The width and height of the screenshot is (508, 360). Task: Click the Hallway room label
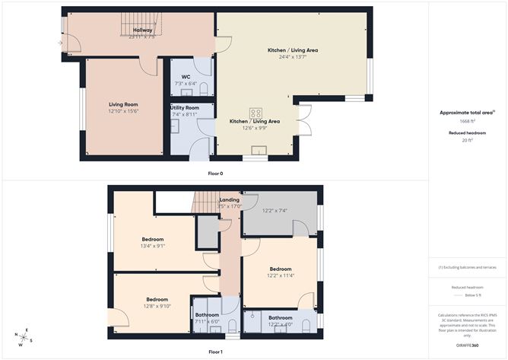tap(143, 30)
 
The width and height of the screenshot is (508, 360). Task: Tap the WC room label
tap(186, 77)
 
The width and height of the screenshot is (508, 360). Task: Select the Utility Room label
tap(185, 108)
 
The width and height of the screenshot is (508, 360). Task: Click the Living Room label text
tap(122, 104)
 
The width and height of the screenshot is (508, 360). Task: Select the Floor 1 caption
tap(215, 352)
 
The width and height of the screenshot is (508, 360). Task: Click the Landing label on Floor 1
tap(229, 199)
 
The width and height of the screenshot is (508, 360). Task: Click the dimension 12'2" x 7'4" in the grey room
tap(275, 211)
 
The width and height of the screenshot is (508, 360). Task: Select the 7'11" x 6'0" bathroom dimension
tap(207, 322)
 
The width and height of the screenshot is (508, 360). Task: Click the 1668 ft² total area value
tap(466, 121)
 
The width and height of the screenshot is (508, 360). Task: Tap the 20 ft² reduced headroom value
tap(466, 140)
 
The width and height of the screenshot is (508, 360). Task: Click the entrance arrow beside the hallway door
tap(59, 43)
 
